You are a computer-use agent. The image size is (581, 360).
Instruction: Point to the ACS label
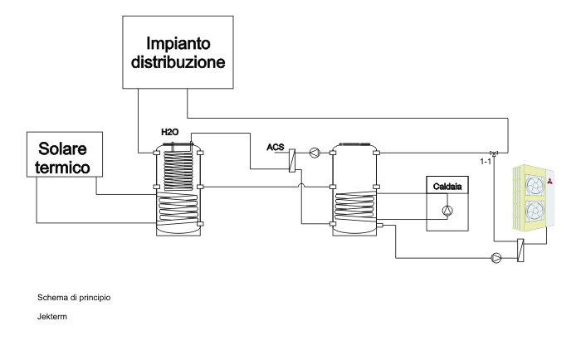point(276,147)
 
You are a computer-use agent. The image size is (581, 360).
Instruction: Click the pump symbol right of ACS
point(314,152)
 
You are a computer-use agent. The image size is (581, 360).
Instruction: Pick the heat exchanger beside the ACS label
point(293,158)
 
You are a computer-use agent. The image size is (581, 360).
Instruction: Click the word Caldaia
point(446,187)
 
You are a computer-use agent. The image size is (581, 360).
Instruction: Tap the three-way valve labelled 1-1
point(494,152)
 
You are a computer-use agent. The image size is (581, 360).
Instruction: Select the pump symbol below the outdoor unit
point(496,257)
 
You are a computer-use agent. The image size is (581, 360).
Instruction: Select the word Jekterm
point(51,314)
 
